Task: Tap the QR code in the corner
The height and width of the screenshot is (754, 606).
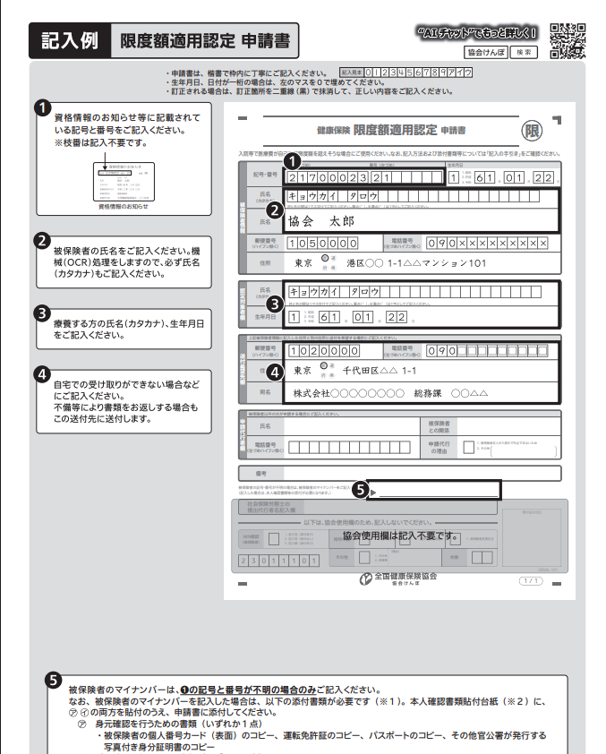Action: [568, 39]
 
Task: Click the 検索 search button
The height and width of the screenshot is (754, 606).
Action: [526, 52]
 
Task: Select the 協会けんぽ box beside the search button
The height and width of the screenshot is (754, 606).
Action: [488, 52]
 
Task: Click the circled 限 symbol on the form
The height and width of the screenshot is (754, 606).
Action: [532, 132]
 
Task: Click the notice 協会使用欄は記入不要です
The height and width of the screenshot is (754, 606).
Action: [398, 536]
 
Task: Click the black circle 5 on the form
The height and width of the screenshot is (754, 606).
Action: [361, 490]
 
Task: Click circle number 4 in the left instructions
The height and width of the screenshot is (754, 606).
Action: [41, 373]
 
